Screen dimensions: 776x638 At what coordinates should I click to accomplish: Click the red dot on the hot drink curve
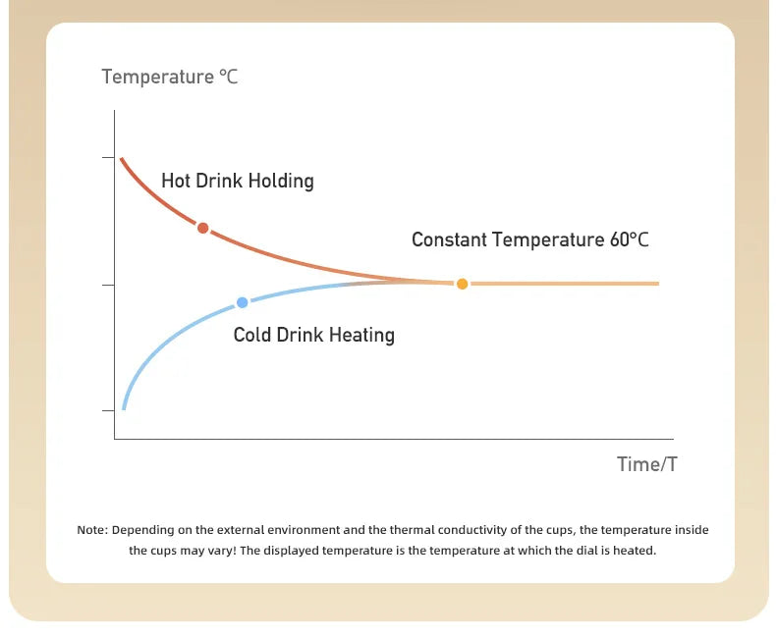202,228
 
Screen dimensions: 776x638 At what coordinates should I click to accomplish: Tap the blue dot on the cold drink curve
242,302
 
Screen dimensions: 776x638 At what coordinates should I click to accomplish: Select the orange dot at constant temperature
463,284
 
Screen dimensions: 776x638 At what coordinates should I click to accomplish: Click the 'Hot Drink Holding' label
238,181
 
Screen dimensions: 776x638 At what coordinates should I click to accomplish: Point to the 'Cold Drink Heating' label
313,335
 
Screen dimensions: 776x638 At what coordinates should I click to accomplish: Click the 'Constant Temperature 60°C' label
530,239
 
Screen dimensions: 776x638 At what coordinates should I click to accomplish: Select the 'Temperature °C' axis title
170,77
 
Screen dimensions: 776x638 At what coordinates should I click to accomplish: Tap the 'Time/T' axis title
647,464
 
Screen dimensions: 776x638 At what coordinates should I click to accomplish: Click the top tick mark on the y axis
108,158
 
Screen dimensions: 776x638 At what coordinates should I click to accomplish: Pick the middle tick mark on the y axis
108,285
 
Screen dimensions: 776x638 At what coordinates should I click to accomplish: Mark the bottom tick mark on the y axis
108,410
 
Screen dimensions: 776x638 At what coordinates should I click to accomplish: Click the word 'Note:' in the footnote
92,530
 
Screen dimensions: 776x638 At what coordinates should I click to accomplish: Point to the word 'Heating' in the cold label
361,336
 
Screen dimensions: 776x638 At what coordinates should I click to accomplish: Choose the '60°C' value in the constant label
629,239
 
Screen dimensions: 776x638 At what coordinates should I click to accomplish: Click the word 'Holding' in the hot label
281,181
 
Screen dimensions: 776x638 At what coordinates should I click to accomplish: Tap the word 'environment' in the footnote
303,530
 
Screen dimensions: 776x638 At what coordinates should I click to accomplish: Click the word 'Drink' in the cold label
301,335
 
